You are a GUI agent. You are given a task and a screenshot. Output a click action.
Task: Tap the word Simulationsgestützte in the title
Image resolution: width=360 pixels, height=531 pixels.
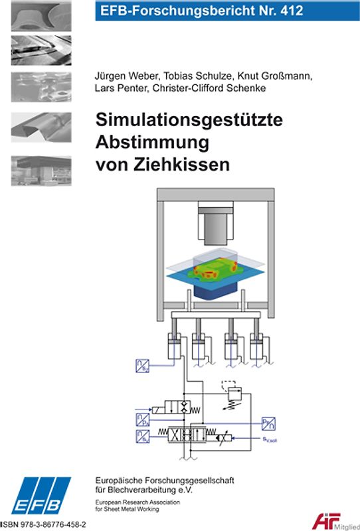pyautogui.click(x=189, y=121)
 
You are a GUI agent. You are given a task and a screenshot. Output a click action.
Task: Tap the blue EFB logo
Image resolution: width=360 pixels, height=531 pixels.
pyautogui.click(x=41, y=494)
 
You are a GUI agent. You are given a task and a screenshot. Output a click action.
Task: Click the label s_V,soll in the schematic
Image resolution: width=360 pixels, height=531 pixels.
pyautogui.click(x=268, y=439)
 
